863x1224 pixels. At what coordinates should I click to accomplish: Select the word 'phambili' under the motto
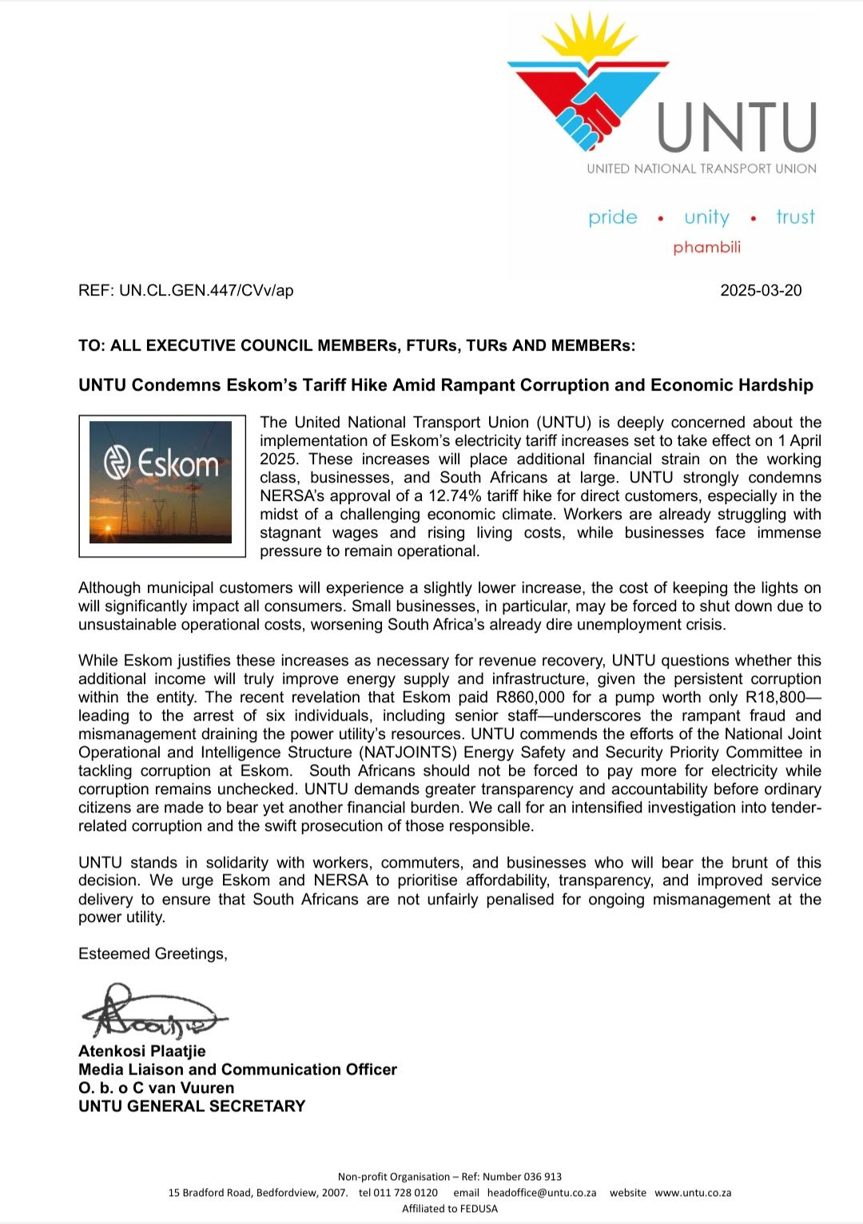point(706,247)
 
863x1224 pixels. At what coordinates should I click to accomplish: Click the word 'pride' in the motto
point(613,217)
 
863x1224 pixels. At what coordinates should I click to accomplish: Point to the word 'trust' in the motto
point(795,217)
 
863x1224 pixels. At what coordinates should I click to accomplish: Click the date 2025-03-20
point(761,291)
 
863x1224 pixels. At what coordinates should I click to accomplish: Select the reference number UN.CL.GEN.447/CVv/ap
point(206,291)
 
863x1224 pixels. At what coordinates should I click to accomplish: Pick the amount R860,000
point(531,697)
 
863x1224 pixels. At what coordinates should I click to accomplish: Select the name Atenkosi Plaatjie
point(142,1051)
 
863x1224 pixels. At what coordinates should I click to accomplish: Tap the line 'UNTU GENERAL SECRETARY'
point(192,1107)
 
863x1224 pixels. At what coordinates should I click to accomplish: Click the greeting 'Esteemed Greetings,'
point(153,954)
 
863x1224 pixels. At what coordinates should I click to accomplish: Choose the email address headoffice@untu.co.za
point(542,1193)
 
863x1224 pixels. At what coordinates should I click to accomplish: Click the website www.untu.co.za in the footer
point(693,1193)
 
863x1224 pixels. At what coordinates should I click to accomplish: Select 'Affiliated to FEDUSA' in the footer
point(450,1209)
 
